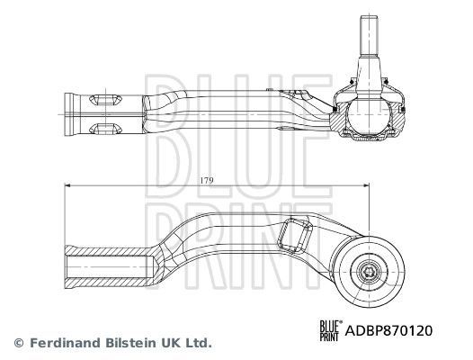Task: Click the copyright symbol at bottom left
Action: [x=17, y=343]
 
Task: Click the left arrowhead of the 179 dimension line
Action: [x=68, y=186]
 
